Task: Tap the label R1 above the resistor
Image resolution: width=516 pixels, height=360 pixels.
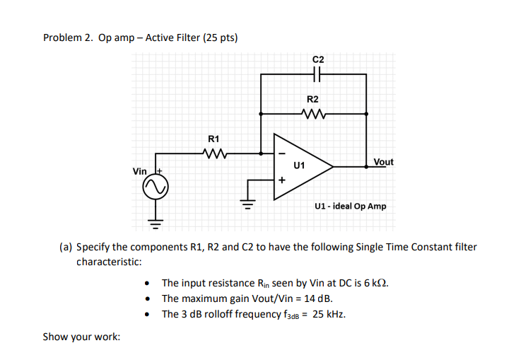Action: click(x=213, y=138)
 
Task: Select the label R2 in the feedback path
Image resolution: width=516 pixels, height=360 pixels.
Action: click(x=312, y=100)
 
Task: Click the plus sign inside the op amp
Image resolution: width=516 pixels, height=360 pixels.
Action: click(x=281, y=180)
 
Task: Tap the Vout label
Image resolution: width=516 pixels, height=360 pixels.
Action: click(x=383, y=162)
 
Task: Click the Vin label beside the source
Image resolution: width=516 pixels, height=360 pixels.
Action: click(x=139, y=172)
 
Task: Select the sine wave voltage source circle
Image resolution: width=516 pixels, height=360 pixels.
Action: click(x=156, y=188)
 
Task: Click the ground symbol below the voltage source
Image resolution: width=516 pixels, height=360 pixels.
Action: click(x=156, y=226)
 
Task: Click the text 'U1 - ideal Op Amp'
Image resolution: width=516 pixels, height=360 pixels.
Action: click(x=351, y=207)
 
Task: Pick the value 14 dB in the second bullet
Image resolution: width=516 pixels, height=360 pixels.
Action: click(x=317, y=298)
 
